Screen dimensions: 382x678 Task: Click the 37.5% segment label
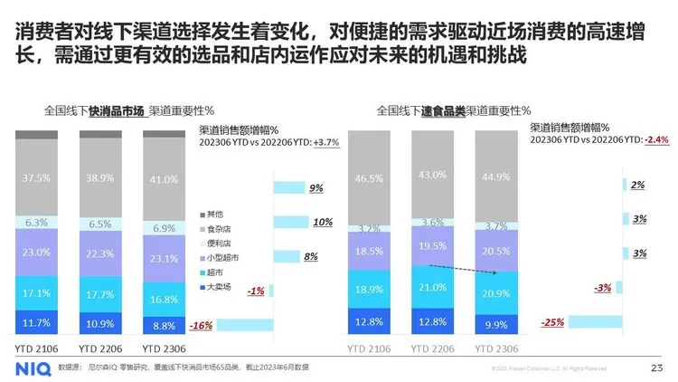36,177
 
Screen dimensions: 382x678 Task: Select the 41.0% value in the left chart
164,179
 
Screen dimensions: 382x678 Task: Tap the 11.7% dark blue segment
36,322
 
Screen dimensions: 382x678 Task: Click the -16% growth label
202,326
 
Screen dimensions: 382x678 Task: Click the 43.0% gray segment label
433,175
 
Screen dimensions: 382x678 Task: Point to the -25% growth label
552,322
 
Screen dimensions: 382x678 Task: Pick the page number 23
656,367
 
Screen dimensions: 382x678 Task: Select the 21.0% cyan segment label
433,288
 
